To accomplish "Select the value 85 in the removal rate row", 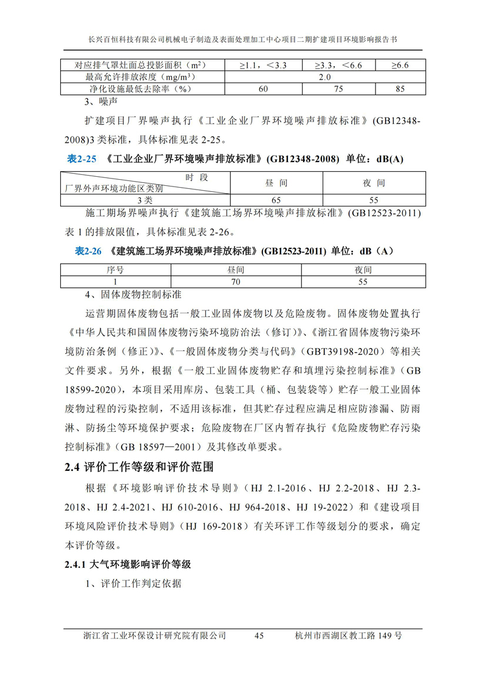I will click(x=399, y=89).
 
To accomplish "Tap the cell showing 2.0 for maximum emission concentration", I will click(x=324, y=77).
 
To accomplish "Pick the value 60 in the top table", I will click(x=263, y=89).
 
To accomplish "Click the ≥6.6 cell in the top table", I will click(x=399, y=65).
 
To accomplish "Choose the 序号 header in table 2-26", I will click(x=115, y=270).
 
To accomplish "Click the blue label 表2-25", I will click(x=81, y=160).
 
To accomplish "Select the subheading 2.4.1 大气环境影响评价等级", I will click(x=128, y=564).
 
